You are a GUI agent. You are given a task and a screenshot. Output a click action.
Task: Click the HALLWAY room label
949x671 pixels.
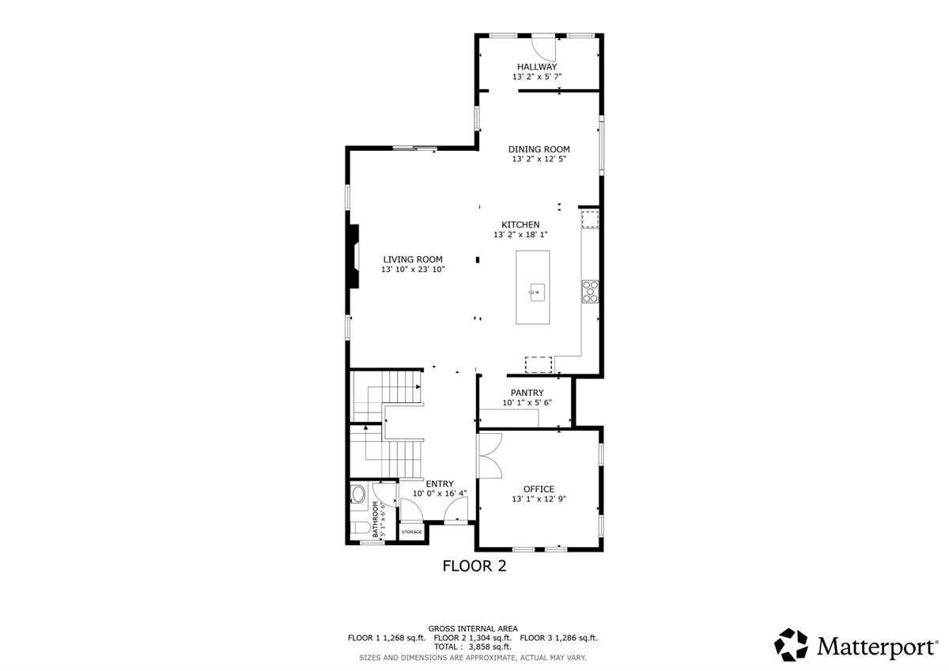(x=537, y=67)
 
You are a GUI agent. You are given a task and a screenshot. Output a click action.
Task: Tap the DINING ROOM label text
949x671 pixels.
(x=539, y=149)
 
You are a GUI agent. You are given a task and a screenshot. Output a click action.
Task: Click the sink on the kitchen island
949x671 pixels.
(x=535, y=292)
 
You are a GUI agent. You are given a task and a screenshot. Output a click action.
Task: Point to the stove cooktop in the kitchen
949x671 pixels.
(x=590, y=292)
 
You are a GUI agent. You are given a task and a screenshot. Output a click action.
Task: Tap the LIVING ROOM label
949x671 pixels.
(x=413, y=259)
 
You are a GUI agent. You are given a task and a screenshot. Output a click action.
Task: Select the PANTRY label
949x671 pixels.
(x=527, y=393)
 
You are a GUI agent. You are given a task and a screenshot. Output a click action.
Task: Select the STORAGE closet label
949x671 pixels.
(x=411, y=532)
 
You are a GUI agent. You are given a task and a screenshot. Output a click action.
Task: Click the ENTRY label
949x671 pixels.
(x=440, y=484)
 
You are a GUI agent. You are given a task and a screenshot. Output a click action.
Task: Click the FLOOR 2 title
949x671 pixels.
(x=474, y=566)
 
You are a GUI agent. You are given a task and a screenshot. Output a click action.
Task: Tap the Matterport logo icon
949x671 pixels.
(x=791, y=645)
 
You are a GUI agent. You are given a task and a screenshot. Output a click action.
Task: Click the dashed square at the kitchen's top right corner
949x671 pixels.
(x=590, y=218)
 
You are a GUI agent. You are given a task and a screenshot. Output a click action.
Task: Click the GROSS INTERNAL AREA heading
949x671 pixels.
(x=473, y=628)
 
